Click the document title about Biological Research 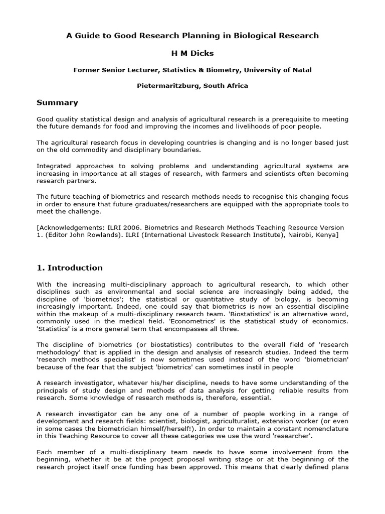[x=192, y=36]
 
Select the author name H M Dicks [x=192, y=53]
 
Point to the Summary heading [x=57, y=103]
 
